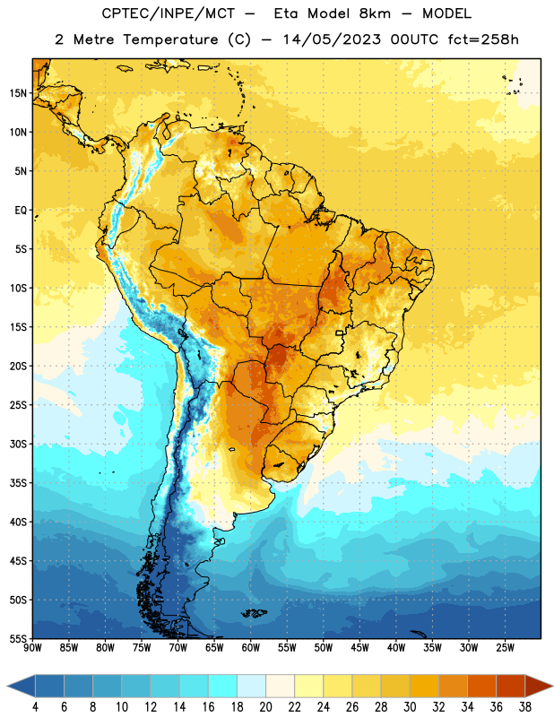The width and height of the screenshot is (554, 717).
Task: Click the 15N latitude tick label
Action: pyautogui.click(x=18, y=93)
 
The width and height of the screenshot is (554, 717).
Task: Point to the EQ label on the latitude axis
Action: pyautogui.click(x=21, y=211)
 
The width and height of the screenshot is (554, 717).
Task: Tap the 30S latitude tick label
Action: pyautogui.click(x=18, y=444)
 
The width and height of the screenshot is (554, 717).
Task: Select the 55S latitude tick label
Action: pyautogui.click(x=18, y=638)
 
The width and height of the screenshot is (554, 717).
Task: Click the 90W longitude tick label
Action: pyautogui.click(x=33, y=648)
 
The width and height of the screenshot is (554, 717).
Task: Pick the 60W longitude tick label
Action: pyautogui.click(x=251, y=648)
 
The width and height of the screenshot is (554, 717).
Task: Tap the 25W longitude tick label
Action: pyautogui.click(x=505, y=648)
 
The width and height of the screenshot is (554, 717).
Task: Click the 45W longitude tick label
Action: pyautogui.click(x=359, y=648)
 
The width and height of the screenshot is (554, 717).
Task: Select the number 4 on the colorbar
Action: pyautogui.click(x=35, y=707)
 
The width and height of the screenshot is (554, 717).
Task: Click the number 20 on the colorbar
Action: pyautogui.click(x=265, y=707)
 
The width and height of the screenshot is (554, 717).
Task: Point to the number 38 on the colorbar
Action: pyautogui.click(x=525, y=707)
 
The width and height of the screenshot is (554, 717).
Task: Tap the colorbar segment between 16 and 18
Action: pyautogui.click(x=223, y=686)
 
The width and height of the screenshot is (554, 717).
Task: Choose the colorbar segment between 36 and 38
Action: pyautogui.click(x=511, y=686)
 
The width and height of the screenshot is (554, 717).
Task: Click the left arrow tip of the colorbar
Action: pyautogui.click(x=7, y=686)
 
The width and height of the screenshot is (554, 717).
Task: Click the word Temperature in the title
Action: pyautogui.click(x=170, y=39)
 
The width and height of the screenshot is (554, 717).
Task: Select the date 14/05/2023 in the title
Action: pyautogui.click(x=332, y=39)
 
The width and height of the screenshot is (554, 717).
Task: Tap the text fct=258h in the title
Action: pyautogui.click(x=483, y=39)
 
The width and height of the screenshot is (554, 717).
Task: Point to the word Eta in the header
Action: pyautogui.click(x=286, y=13)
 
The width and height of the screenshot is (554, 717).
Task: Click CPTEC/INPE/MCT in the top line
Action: pyautogui.click(x=168, y=13)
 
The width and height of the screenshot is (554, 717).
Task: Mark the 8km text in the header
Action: pyautogui.click(x=375, y=13)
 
